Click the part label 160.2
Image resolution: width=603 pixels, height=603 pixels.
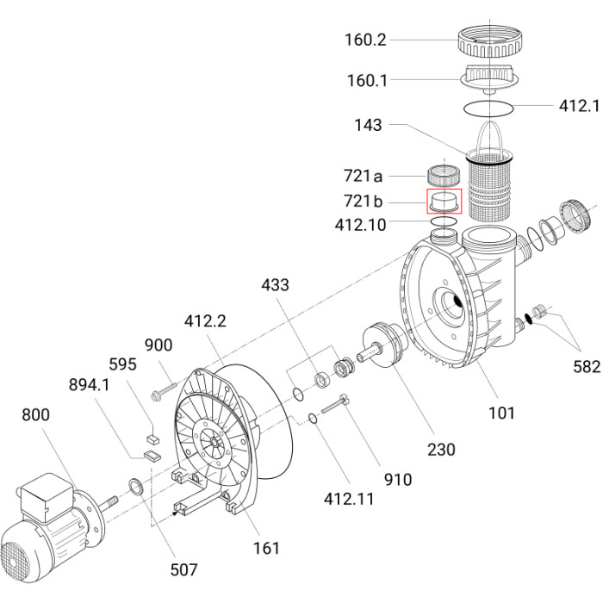coord(365,40)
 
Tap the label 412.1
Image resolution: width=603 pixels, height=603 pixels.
coord(579,106)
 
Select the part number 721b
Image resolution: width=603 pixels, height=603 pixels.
coord(363,201)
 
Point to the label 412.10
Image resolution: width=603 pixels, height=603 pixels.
coord(360,225)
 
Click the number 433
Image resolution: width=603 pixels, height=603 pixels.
coord(275,285)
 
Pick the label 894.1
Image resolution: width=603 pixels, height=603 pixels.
coord(90,384)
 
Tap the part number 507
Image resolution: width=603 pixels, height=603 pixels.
coord(183,569)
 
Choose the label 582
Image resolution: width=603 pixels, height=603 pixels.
coord(587,366)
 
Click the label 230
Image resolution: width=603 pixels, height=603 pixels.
coord(441,449)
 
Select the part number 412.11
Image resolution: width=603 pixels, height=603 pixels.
coord(349,499)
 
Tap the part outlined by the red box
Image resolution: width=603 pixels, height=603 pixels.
coord(444,202)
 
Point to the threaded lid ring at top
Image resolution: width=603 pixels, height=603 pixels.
coord(491,40)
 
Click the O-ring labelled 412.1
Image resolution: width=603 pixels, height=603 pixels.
coord(488,115)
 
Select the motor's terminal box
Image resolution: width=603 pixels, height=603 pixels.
coord(46,497)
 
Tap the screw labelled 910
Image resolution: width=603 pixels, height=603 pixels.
coord(336,404)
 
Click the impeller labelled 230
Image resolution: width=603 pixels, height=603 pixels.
coord(382,345)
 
